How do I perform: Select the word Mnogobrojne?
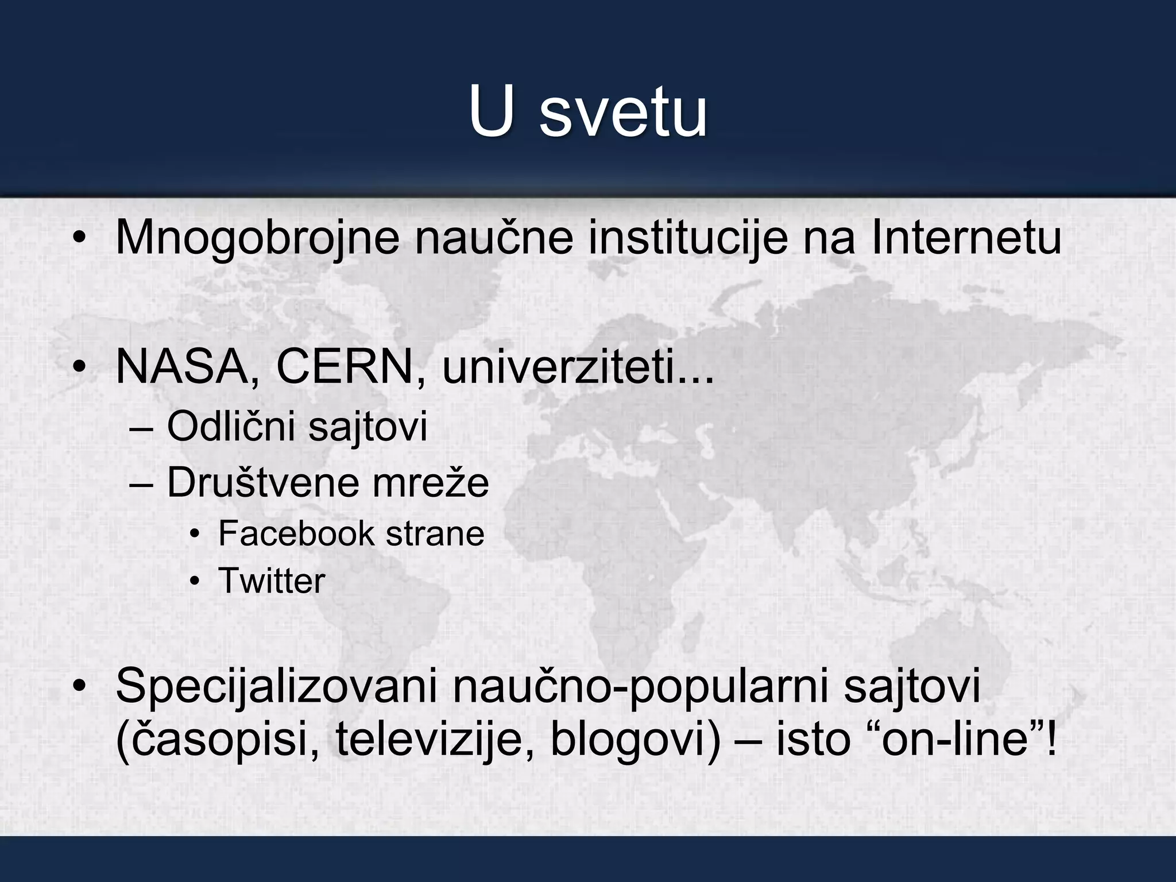(x=257, y=238)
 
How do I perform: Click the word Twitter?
(x=272, y=581)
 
